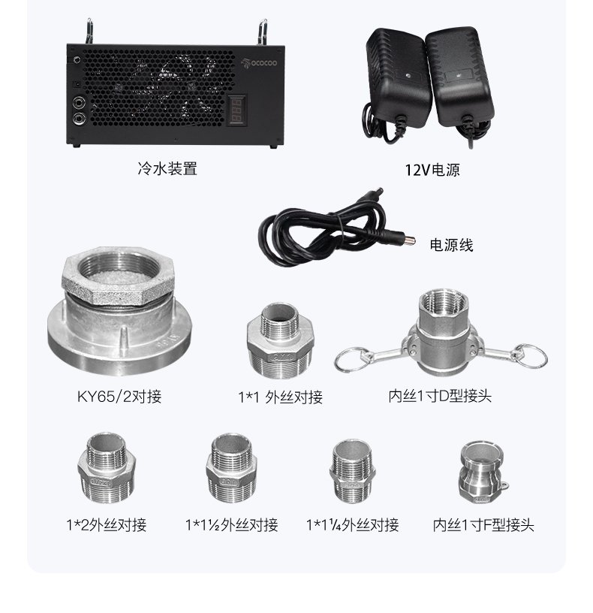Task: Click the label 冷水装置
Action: [167, 169]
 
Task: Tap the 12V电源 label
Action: [432, 170]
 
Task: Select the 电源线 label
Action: [451, 245]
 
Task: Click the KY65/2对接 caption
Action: [119, 397]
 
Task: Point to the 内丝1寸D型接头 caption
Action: [440, 396]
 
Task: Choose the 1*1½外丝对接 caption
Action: [232, 524]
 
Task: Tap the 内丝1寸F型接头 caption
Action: [483, 524]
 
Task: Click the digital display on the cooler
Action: [237, 110]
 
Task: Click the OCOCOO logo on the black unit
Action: [259, 62]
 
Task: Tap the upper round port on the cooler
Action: [80, 103]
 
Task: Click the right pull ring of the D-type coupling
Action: [531, 356]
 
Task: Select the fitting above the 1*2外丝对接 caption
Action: [107, 467]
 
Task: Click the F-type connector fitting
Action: [483, 473]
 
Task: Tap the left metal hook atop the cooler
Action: [89, 31]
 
